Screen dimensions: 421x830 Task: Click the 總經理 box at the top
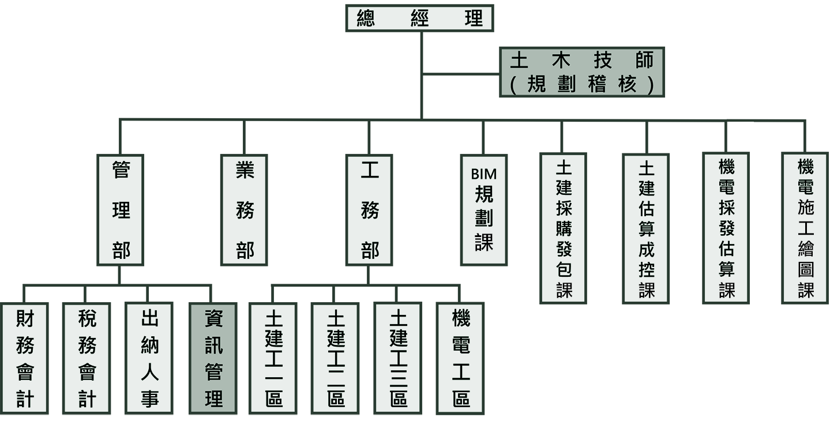(419, 18)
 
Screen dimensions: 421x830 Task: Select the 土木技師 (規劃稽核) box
(582, 72)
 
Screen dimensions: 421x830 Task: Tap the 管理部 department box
(121, 210)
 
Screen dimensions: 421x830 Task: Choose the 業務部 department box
(245, 210)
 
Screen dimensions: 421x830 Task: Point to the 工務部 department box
(369, 210)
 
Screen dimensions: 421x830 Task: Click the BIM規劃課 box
(484, 210)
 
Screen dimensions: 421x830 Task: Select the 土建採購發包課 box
(563, 228)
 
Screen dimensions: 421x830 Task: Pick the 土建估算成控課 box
(646, 228)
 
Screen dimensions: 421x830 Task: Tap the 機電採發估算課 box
(726, 228)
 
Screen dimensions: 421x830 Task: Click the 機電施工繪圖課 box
(805, 228)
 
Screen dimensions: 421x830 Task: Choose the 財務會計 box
(24, 358)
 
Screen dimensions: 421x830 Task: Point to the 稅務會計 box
(87, 358)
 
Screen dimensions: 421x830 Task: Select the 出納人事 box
(149, 358)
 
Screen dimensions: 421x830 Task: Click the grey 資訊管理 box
(213, 358)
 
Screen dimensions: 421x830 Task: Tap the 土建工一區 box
(273, 358)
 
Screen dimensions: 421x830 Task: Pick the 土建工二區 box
(335, 358)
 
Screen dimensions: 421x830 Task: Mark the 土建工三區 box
(397, 358)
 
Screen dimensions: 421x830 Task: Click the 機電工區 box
(460, 358)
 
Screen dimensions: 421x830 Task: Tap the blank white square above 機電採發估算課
(741, 133)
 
